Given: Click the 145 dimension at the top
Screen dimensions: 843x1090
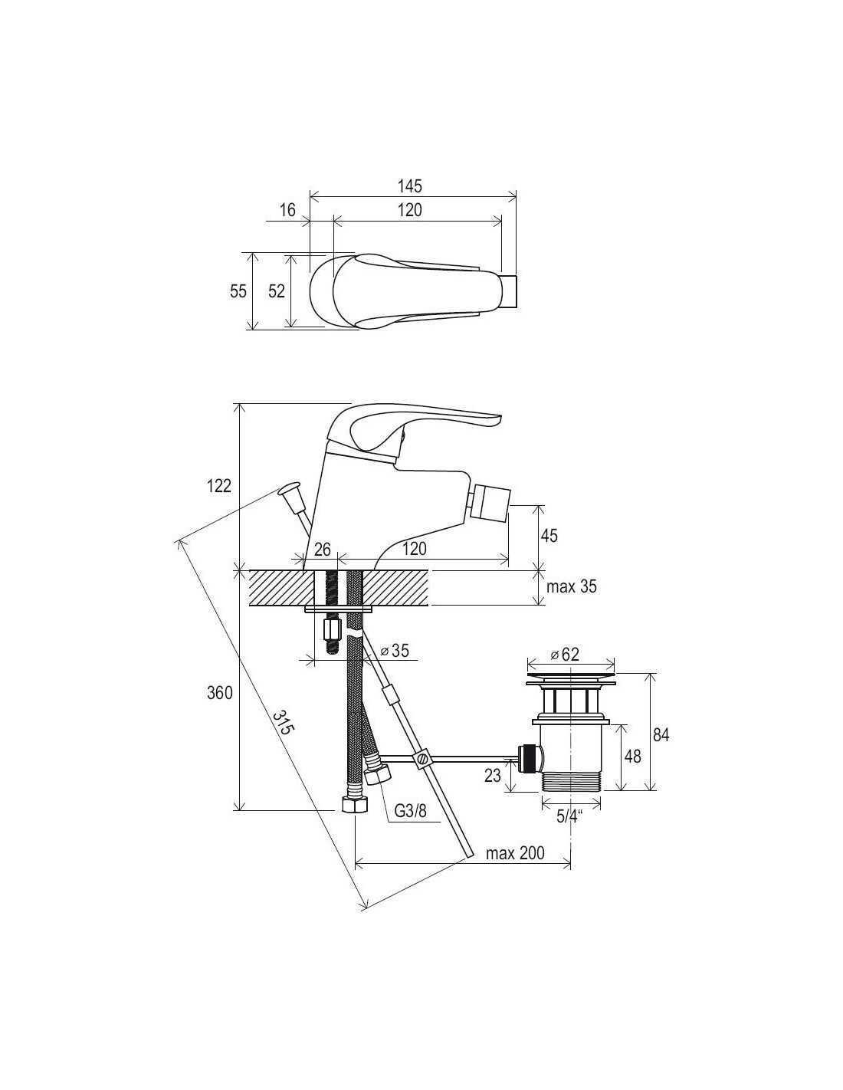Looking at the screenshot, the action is (x=410, y=185).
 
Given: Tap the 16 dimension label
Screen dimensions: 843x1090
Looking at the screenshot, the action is (x=287, y=210).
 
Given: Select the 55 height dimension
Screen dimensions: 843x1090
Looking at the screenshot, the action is (x=238, y=291).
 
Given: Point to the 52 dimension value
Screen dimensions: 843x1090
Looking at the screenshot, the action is (x=277, y=291).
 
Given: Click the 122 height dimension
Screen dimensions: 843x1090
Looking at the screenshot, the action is (x=219, y=485).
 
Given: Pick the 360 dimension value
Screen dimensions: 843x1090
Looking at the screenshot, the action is (x=220, y=693).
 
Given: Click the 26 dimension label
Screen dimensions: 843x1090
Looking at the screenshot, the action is (x=323, y=550).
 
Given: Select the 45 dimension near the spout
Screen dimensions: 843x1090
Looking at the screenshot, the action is (x=549, y=536).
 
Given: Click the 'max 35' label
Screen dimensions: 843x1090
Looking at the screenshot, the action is (x=571, y=586).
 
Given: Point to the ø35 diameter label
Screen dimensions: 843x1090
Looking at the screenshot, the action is (x=395, y=651).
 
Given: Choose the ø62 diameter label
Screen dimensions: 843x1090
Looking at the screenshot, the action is (x=565, y=654).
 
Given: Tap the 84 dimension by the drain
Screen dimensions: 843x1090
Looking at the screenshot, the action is (x=661, y=735).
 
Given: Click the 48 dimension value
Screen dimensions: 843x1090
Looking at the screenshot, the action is (x=633, y=756).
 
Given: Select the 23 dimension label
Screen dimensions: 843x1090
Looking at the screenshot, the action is (x=493, y=776).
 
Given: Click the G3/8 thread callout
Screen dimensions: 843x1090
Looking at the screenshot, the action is (x=410, y=825).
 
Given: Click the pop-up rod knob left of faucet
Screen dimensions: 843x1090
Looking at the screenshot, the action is (x=290, y=489).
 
